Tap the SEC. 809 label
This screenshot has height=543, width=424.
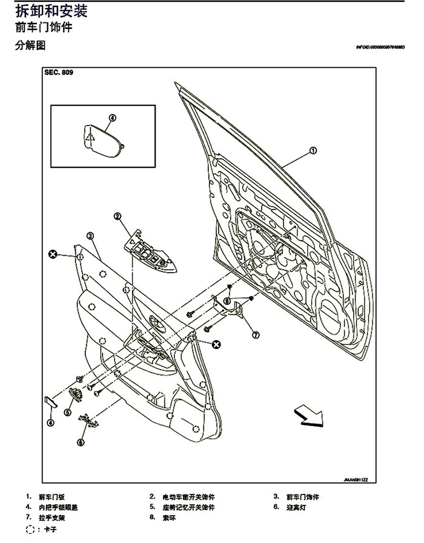(x=58, y=72)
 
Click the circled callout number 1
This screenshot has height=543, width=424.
(x=313, y=152)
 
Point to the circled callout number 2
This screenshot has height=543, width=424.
(x=117, y=216)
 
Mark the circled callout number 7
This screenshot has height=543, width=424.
(x=255, y=333)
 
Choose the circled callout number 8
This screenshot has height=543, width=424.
(x=227, y=301)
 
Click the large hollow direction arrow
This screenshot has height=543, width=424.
(x=306, y=416)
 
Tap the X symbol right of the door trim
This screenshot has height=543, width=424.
(x=216, y=344)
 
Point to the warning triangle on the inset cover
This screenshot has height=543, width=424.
(x=90, y=137)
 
